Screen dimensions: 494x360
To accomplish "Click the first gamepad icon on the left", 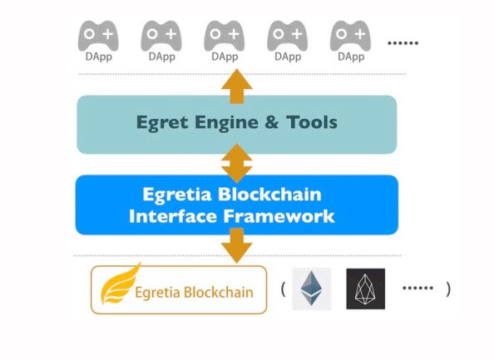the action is tap(98, 35).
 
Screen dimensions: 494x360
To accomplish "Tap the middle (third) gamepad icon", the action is tap(225, 35).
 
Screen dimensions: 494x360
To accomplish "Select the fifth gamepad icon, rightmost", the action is tap(350, 35).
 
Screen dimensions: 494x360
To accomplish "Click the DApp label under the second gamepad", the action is tap(161, 57).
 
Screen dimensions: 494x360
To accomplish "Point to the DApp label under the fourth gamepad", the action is tap(288, 57).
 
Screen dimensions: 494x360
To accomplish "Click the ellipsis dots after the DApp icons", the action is tap(403, 43).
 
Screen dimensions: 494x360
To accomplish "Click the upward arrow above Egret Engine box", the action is tap(236, 86).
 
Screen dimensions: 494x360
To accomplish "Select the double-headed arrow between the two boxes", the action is tap(236, 163).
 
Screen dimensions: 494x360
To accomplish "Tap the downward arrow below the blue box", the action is tap(236, 245).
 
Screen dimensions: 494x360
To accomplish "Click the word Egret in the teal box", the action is tap(162, 123).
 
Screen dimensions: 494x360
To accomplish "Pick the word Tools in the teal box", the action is tap(312, 122).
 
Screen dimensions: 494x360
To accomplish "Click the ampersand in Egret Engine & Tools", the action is tap(272, 122).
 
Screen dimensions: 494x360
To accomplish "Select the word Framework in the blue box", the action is tap(279, 216).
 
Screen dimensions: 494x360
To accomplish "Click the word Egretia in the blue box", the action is tap(177, 195).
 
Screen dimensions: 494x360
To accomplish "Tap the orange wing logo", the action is tap(120, 284).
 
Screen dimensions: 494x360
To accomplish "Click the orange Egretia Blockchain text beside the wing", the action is tap(194, 293).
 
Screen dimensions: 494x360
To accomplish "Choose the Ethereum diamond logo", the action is tap(312, 288).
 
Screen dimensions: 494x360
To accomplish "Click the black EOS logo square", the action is tap(365, 288).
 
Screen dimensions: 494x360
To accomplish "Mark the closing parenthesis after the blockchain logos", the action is tap(448, 289).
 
